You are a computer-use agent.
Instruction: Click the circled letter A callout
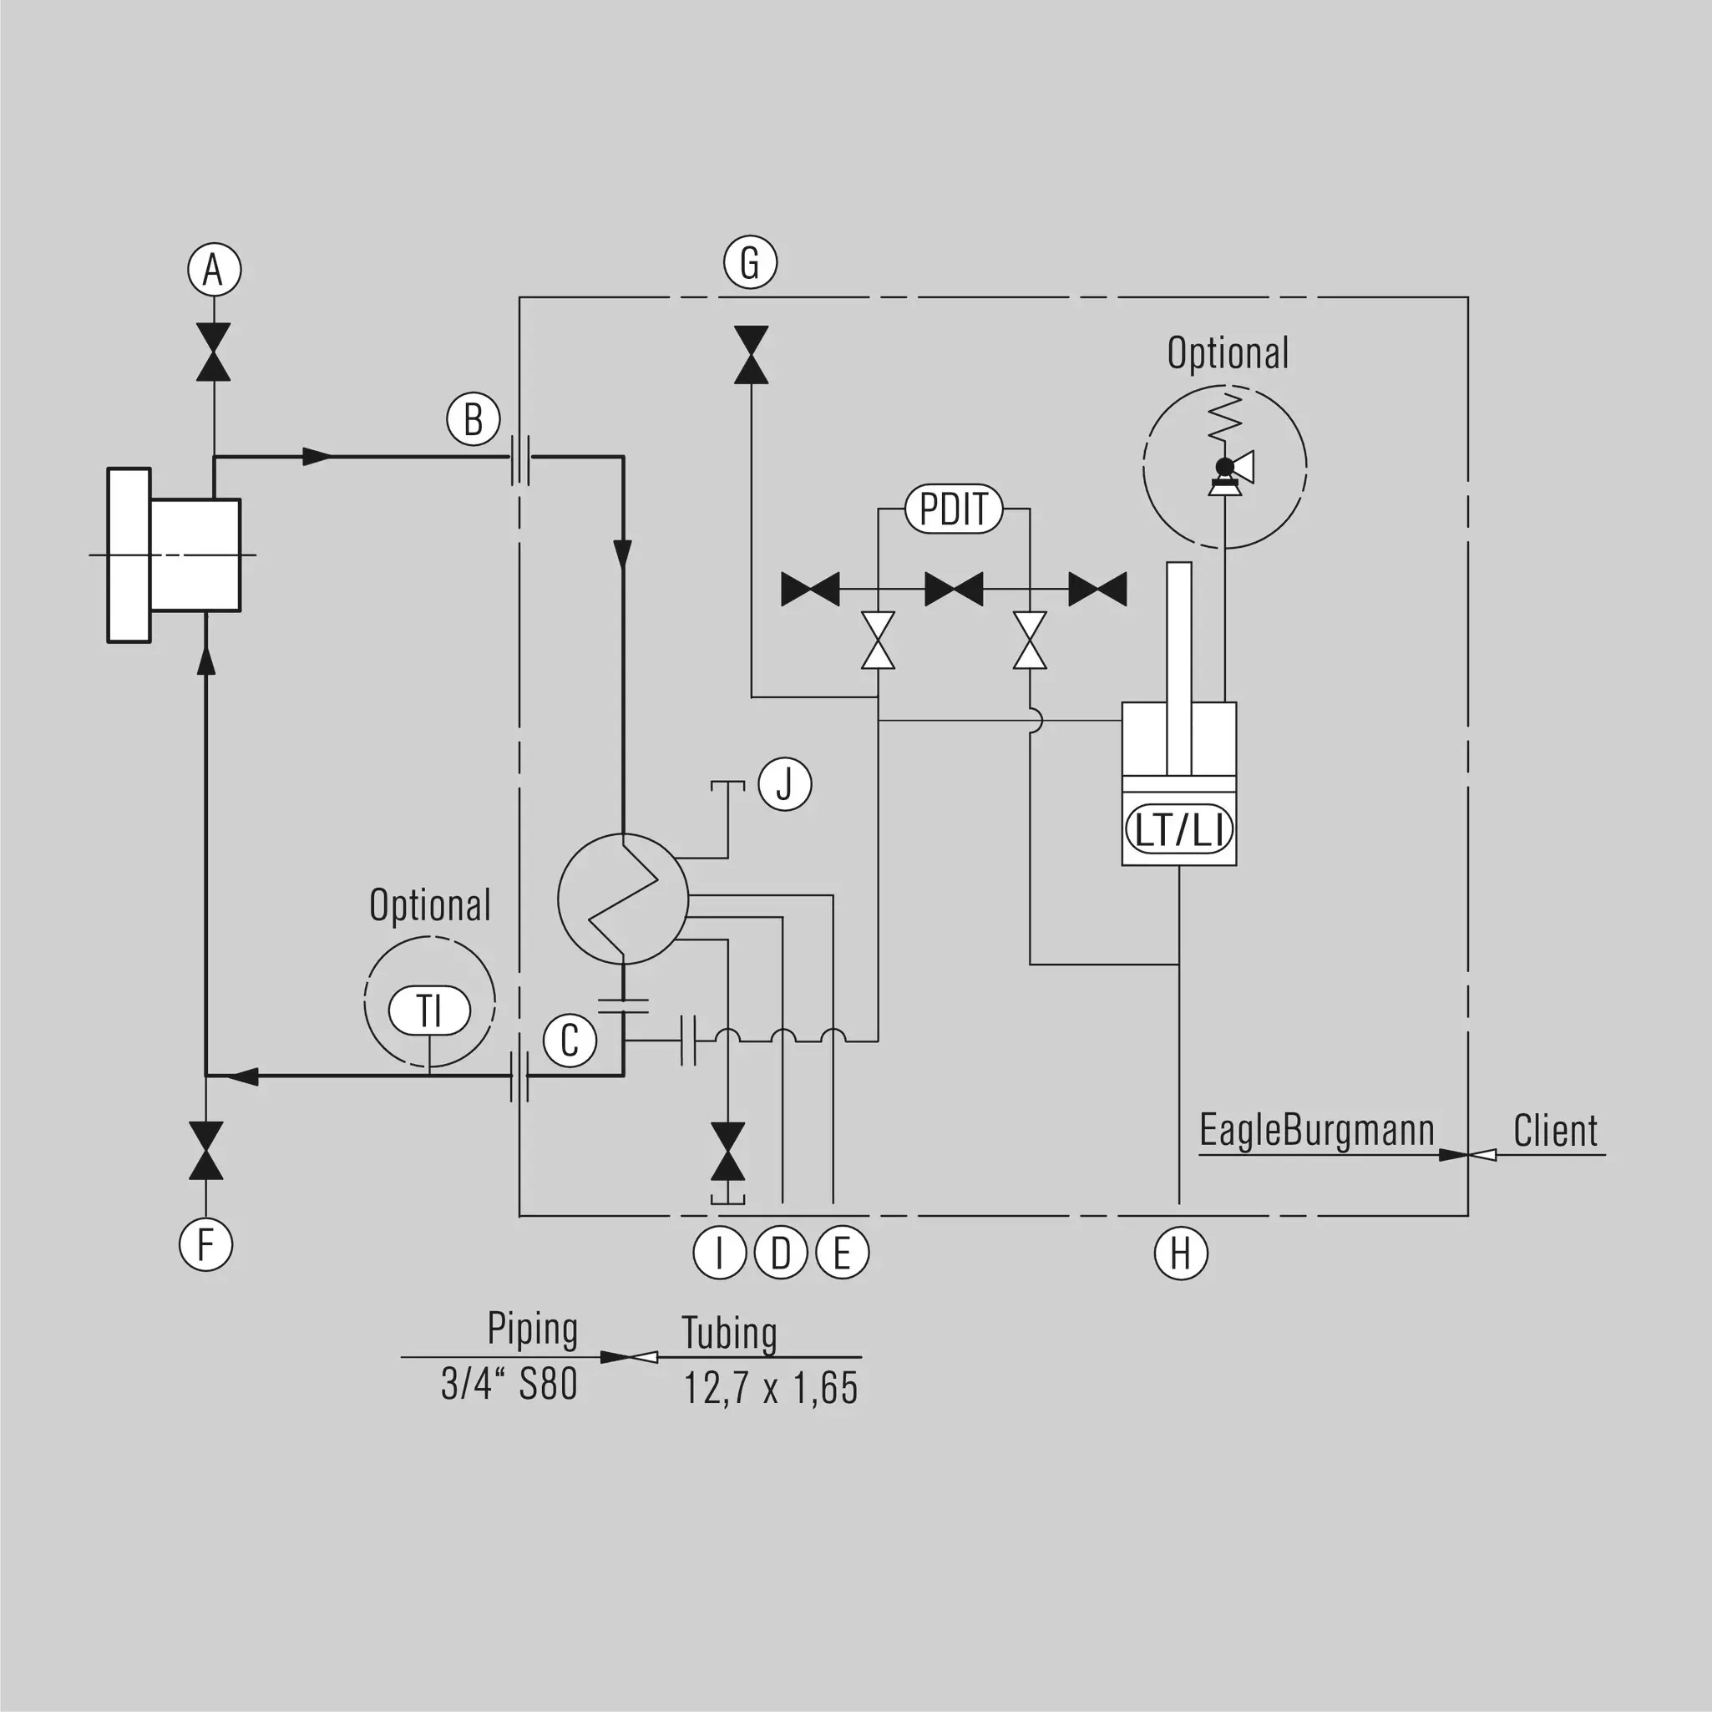(x=214, y=270)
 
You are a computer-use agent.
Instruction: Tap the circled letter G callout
(x=751, y=262)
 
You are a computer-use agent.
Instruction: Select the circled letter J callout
(x=785, y=784)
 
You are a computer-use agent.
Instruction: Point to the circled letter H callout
(x=1180, y=1253)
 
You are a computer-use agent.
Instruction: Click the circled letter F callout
(x=205, y=1244)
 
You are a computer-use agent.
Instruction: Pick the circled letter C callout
(x=570, y=1041)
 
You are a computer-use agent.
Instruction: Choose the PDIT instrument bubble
(x=954, y=509)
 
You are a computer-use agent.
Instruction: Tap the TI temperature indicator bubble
(x=430, y=1010)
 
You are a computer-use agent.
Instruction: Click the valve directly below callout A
(x=214, y=352)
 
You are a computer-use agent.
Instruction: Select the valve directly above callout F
(x=205, y=1150)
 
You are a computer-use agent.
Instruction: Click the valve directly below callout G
(x=752, y=354)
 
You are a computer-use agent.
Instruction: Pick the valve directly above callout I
(x=727, y=1151)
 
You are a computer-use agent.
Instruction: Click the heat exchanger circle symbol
(x=622, y=899)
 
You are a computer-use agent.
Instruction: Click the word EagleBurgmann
(x=1317, y=1132)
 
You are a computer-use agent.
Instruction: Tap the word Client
(x=1555, y=1131)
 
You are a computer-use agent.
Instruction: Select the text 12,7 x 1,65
(x=770, y=1388)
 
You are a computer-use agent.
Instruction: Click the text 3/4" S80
(x=509, y=1383)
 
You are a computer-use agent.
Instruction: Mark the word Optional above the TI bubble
(x=430, y=905)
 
